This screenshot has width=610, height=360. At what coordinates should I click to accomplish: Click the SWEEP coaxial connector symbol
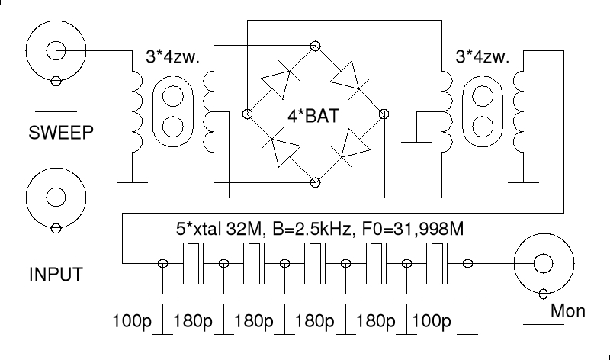[55, 52]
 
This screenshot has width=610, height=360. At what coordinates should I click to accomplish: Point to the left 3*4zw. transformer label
[172, 58]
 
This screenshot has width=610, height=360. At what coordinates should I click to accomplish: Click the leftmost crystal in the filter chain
[194, 263]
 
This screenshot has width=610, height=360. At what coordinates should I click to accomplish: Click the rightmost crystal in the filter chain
[438, 263]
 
